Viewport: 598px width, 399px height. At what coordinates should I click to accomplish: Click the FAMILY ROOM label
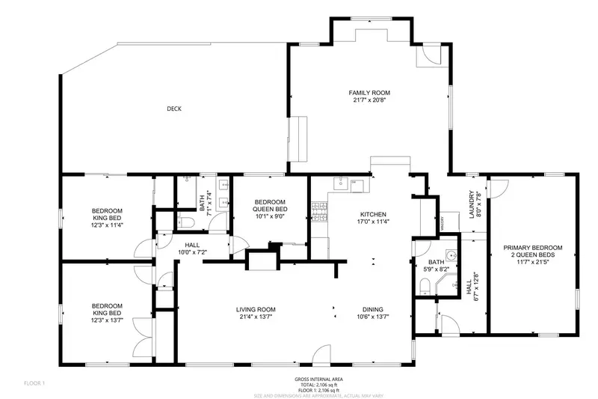tap(369, 93)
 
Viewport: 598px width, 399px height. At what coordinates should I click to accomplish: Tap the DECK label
tap(174, 109)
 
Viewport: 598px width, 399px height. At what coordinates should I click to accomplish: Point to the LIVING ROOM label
tap(256, 309)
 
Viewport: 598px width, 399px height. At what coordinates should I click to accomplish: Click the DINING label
tap(373, 309)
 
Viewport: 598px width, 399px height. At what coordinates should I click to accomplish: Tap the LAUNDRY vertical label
tap(472, 204)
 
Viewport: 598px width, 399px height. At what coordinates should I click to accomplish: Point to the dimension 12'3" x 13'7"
tap(107, 320)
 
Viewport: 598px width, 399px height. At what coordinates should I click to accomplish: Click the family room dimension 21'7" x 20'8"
tap(369, 100)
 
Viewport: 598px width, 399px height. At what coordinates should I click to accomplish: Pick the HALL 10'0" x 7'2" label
tap(192, 249)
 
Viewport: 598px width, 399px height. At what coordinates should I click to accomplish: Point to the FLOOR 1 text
tap(34, 383)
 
